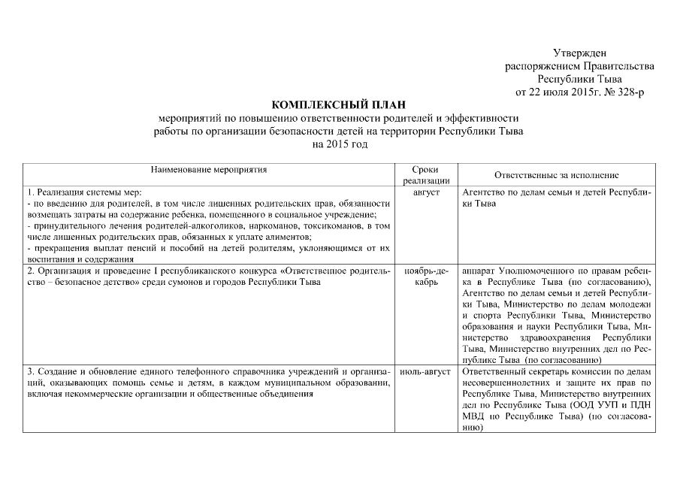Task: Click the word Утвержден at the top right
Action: click(x=579, y=53)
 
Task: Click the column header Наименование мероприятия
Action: click(x=208, y=171)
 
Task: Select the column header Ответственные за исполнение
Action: click(x=557, y=174)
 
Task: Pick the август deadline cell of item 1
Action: click(x=426, y=193)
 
